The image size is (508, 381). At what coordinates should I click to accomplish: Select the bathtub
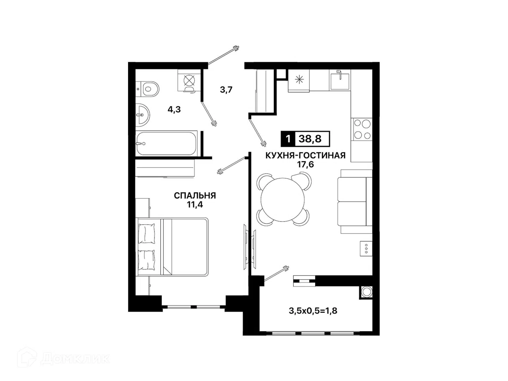(166, 143)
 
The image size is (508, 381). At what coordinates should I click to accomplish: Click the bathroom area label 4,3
(174, 109)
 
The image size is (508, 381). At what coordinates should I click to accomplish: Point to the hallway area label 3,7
(226, 89)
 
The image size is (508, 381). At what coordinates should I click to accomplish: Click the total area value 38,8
(310, 139)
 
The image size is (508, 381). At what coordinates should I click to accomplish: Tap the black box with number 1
(288, 139)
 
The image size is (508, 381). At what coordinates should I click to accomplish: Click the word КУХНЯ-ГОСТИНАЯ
(305, 156)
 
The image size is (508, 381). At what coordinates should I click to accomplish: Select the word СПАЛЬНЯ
(195, 196)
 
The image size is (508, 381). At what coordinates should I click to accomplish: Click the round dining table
(283, 199)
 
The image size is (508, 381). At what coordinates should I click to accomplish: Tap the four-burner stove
(362, 129)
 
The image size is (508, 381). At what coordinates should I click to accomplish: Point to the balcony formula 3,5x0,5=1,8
(313, 311)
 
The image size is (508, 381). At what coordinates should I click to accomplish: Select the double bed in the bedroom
(172, 246)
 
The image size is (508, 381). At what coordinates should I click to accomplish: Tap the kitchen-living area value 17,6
(306, 164)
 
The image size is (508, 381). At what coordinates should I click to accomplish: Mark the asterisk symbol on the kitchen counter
(299, 80)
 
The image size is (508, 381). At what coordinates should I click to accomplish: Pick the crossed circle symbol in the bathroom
(189, 80)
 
